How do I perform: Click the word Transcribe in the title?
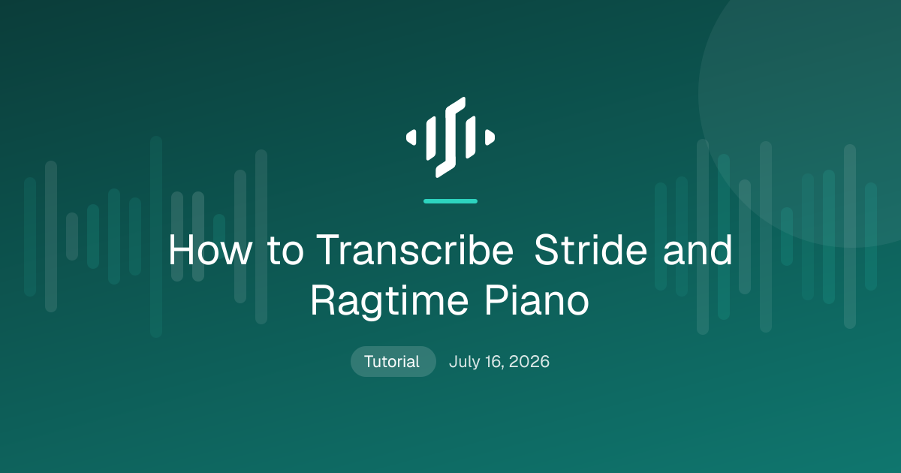(414, 250)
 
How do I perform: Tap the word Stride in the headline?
(590, 250)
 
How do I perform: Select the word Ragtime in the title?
(390, 301)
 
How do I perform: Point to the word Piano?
(537, 300)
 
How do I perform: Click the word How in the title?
(210, 250)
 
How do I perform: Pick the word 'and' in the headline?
(698, 250)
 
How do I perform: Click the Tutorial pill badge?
(393, 362)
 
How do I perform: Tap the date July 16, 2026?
(499, 362)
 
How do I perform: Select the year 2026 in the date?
(529, 362)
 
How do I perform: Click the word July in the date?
(465, 362)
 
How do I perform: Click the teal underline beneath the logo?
(450, 201)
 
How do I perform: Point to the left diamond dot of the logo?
(411, 137)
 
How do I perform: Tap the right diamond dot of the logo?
(490, 137)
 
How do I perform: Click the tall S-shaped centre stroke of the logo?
(450, 137)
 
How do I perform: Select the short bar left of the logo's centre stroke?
(431, 137)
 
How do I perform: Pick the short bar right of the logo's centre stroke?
(471, 137)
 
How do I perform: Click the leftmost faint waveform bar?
(30, 237)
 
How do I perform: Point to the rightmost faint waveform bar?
(871, 236)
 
